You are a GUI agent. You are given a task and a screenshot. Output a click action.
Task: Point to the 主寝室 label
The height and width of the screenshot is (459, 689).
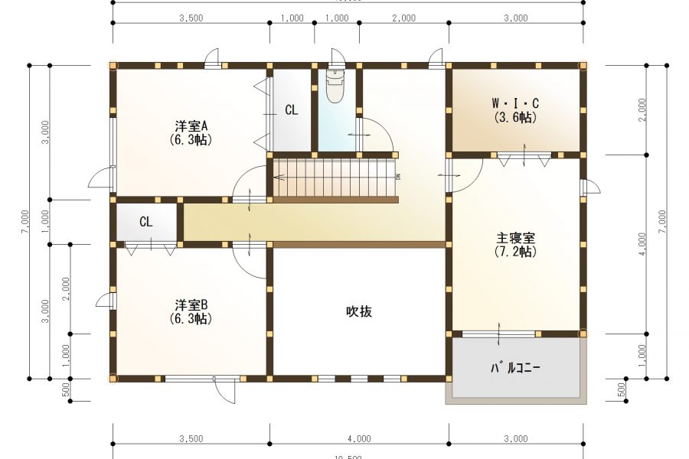pos(514,236)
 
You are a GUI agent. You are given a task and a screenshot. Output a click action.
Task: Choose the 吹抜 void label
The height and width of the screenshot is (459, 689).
pos(358,311)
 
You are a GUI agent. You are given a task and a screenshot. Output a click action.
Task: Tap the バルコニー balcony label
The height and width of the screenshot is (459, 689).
pos(515,367)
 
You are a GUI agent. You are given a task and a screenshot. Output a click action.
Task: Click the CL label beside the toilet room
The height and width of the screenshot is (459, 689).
pos(291,110)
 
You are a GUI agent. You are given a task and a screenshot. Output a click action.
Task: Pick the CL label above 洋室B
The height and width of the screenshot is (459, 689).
pos(146,222)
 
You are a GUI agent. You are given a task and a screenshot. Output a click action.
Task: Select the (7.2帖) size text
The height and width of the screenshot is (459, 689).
pos(514,251)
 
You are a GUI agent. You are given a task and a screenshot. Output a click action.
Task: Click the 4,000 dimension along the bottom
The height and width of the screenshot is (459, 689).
pos(358,439)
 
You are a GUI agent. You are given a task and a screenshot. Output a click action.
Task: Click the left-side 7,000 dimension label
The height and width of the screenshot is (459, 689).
pos(25,222)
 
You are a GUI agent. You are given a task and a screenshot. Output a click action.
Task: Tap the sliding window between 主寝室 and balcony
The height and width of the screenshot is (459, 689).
pos(498,334)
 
